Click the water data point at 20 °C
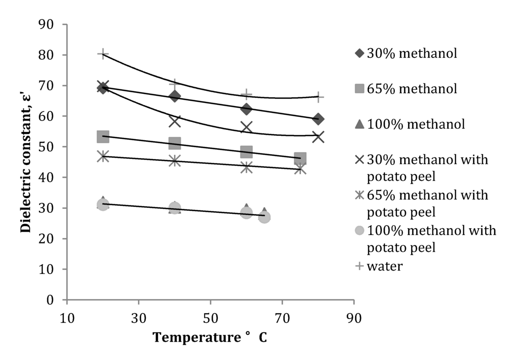click(x=103, y=54)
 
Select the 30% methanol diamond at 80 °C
click(x=318, y=119)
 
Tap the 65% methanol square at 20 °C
click(x=103, y=136)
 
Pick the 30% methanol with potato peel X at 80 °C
click(x=318, y=137)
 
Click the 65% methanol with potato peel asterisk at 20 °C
click(x=103, y=156)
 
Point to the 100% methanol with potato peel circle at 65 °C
click(x=264, y=217)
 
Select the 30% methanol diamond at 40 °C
click(x=174, y=96)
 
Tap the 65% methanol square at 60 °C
click(x=247, y=152)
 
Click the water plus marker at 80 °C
click(x=318, y=97)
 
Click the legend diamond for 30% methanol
click(x=360, y=53)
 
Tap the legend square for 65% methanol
click(x=360, y=89)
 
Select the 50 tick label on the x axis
click(x=211, y=317)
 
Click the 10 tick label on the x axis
click(x=67, y=317)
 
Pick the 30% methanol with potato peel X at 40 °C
click(x=174, y=120)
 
